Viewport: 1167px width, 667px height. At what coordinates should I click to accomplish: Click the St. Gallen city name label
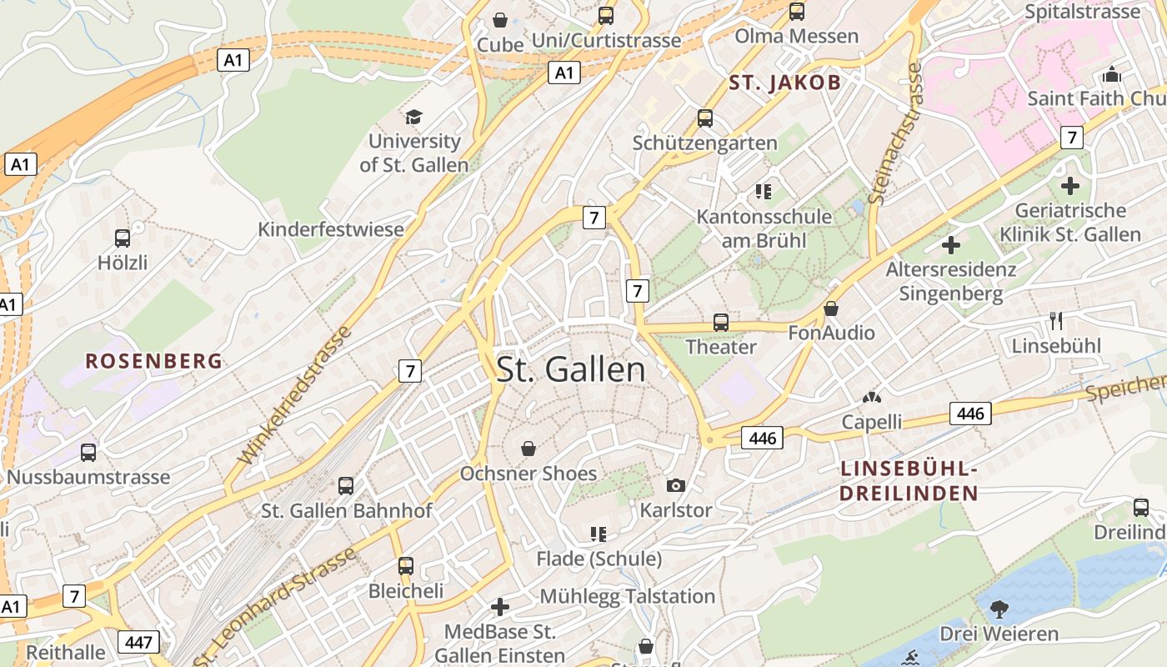click(571, 369)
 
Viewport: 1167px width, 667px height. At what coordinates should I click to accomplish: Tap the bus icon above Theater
click(721, 322)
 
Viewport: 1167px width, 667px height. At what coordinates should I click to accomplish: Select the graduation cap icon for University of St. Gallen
click(413, 117)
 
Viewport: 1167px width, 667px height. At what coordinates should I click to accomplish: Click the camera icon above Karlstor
click(676, 485)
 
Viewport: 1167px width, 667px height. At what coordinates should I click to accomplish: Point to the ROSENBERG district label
click(154, 361)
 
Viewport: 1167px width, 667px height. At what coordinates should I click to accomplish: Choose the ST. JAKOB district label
click(785, 83)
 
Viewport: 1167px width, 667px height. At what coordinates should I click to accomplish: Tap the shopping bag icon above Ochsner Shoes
click(528, 449)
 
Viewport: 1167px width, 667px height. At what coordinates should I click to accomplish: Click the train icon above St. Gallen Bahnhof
click(346, 485)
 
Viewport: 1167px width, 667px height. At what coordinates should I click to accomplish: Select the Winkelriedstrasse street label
click(295, 396)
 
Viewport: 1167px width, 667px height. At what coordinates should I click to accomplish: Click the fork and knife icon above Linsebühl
click(1056, 321)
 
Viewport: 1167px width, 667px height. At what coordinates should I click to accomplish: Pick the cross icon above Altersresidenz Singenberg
click(951, 245)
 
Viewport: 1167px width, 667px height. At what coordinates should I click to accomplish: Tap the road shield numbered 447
click(138, 642)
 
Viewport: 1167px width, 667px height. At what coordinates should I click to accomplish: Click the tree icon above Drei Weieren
click(999, 609)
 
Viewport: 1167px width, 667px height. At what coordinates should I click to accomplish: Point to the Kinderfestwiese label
click(331, 229)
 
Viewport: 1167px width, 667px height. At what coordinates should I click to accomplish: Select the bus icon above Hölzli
click(123, 238)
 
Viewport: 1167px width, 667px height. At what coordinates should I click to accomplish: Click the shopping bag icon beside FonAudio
click(831, 308)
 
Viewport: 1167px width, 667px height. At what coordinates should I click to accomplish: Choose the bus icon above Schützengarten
click(705, 118)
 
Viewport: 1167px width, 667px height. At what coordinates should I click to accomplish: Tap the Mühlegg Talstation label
click(628, 596)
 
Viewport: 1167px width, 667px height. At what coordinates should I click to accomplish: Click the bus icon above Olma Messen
click(797, 12)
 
